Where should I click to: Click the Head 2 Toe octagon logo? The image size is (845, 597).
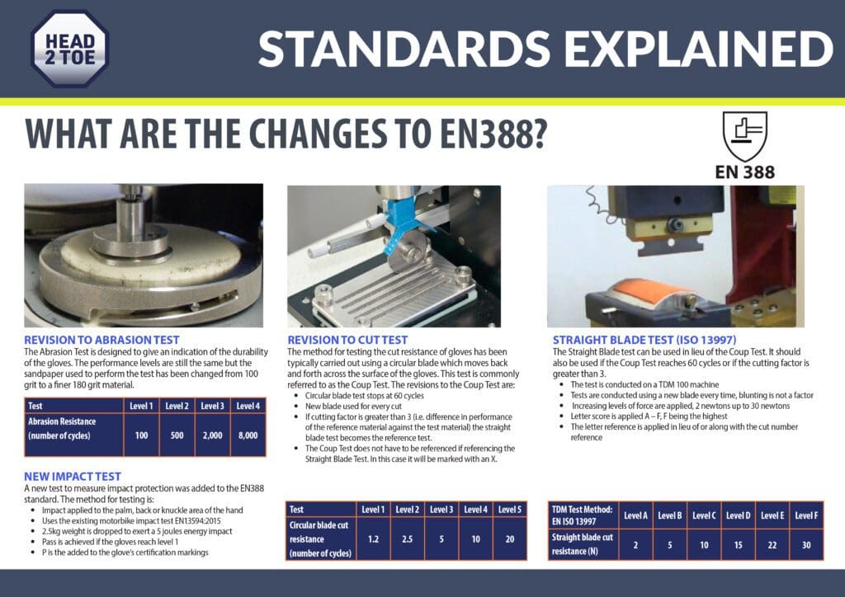69,49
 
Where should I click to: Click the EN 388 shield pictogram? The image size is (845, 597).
745,136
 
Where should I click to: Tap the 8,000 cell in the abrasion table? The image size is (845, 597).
248,435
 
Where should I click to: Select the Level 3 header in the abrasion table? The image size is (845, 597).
212,406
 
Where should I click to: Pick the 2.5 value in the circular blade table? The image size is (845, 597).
407,538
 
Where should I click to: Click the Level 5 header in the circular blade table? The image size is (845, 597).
510,510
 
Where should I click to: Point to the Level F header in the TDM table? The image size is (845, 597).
806,515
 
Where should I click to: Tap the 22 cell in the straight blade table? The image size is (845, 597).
772,545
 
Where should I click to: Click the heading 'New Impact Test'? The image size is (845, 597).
73,477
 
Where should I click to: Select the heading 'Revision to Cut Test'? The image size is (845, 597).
347,341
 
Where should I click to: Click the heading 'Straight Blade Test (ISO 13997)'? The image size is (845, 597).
644,341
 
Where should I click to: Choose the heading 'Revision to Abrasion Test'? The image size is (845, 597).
101,341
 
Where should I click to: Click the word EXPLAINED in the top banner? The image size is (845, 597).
699,49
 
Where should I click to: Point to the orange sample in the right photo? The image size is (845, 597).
650,291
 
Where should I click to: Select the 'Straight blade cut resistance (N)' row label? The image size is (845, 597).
582,544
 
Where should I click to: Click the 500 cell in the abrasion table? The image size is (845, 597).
177,435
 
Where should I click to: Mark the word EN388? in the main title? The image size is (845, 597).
493,134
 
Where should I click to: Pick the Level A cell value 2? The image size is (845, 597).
635,545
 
